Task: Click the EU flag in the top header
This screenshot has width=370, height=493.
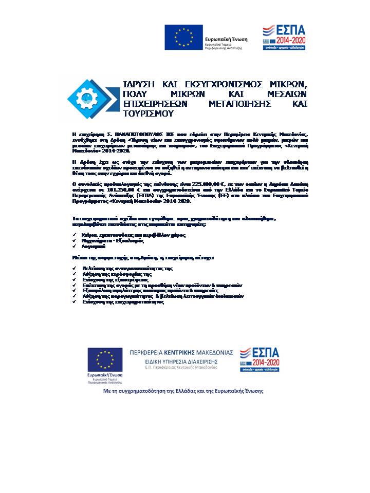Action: click(x=183, y=36)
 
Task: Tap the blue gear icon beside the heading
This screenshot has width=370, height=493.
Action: click(x=85, y=96)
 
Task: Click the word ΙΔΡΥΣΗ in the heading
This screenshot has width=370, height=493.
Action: click(x=139, y=84)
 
